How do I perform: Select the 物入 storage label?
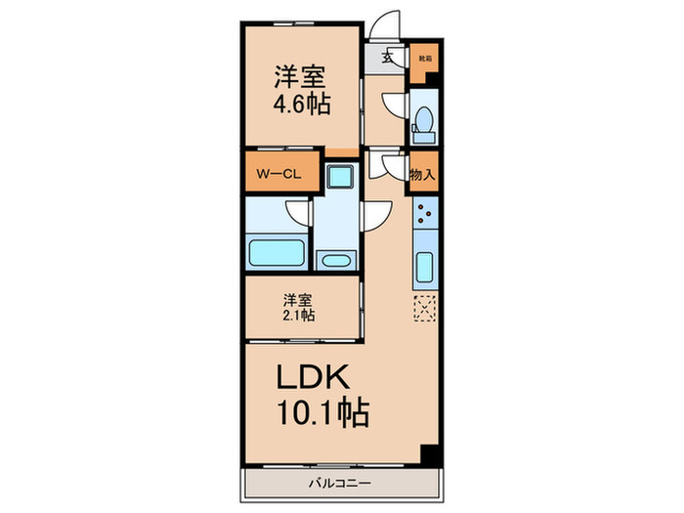coord(422,176)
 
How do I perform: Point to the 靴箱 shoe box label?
coord(422,58)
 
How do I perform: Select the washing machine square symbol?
coord(339,176)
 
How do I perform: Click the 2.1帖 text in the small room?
coord(300,315)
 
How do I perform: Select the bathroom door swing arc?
coord(297,212)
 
